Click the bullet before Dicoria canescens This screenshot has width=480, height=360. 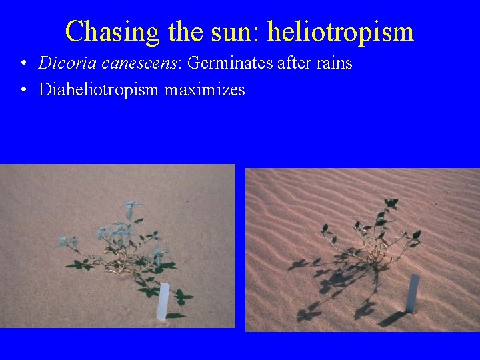(23, 65)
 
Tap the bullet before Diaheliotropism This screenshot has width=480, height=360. (23, 90)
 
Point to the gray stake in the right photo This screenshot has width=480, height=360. (413, 293)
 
